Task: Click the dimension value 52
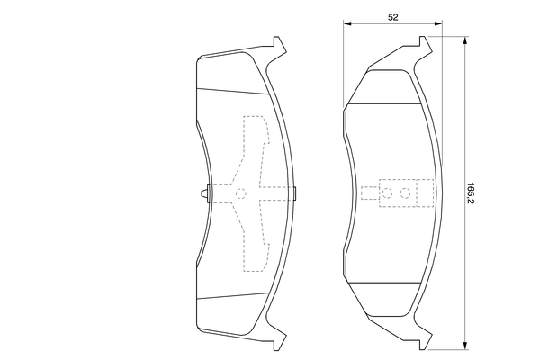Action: tap(393, 17)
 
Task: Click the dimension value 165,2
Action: tap(471, 193)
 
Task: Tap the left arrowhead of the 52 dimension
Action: tap(347, 23)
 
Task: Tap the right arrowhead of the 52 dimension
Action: tap(438, 23)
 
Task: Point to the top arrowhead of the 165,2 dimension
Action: tap(465, 40)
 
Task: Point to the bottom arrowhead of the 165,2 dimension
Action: tap(465, 346)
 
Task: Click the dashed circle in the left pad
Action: tap(241, 193)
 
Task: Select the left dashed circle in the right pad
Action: tap(387, 193)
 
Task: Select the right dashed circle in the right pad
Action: tap(405, 193)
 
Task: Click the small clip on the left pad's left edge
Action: tap(205, 193)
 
